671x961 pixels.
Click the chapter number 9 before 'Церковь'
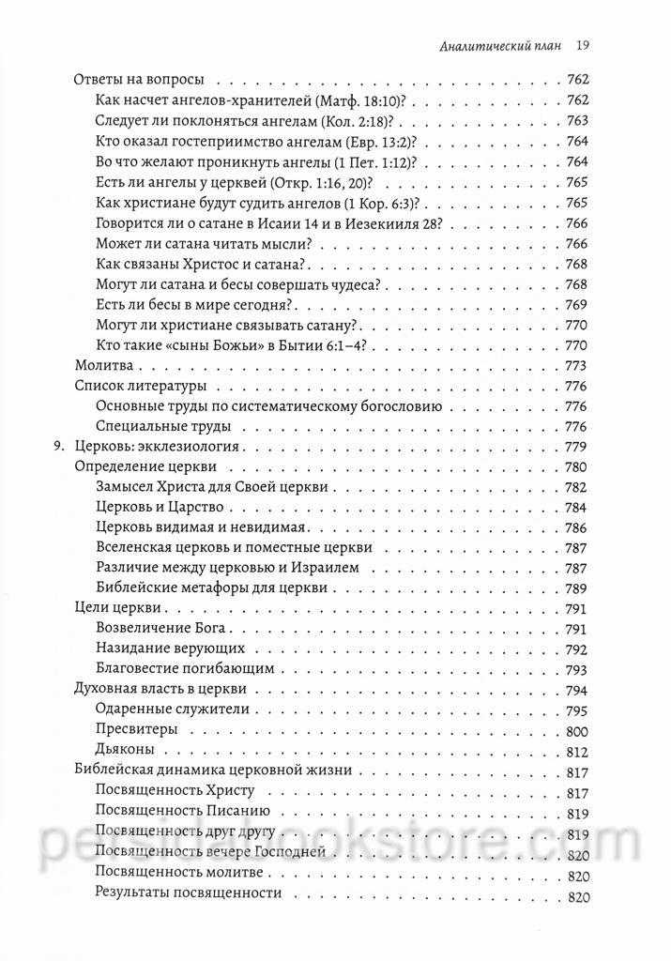[x=57, y=446]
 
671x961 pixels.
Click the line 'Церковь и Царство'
[x=155, y=507]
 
